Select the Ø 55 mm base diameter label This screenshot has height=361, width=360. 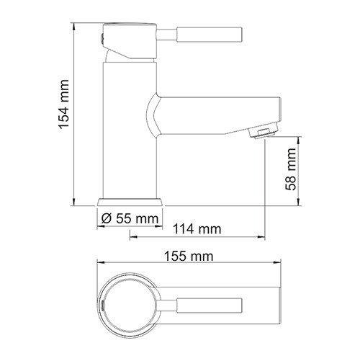click(x=129, y=218)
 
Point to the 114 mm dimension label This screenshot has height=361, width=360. click(x=197, y=230)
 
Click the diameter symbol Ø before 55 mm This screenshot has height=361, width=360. click(x=105, y=218)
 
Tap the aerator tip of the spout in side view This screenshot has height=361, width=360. click(x=264, y=131)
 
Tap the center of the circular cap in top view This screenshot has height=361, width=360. click(x=130, y=303)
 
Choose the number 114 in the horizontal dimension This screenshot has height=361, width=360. click(x=186, y=230)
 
